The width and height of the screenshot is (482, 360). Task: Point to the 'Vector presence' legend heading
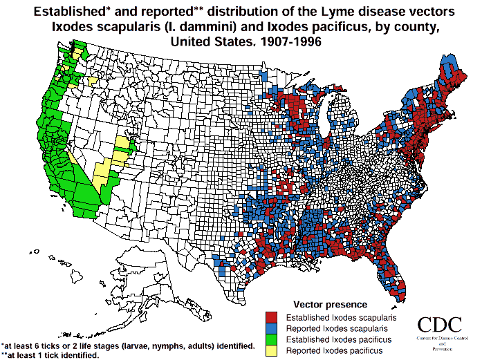click(330, 304)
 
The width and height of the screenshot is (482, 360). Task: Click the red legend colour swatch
click(271, 316)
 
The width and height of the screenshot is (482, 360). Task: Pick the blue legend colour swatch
click(271, 328)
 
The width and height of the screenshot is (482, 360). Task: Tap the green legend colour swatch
click(271, 340)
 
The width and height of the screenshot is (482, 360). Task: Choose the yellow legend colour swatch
click(271, 351)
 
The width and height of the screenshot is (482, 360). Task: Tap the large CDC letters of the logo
click(441, 325)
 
